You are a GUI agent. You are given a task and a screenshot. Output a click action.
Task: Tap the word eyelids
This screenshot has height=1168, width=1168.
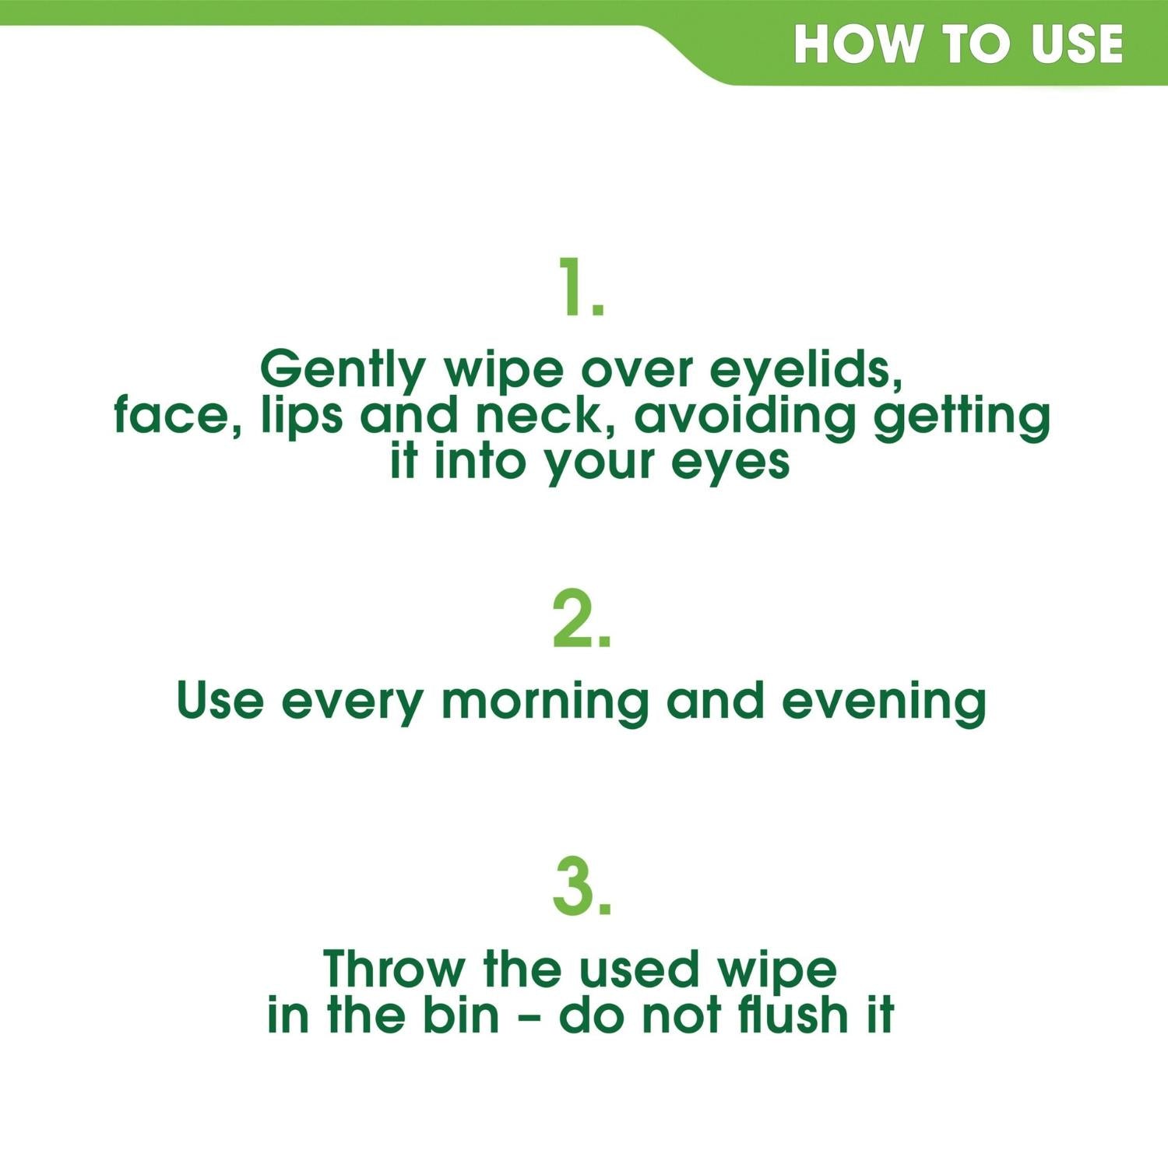806,369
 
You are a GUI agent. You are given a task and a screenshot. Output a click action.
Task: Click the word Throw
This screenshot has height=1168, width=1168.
394,969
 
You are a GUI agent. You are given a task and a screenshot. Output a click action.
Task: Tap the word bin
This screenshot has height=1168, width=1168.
461,1015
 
